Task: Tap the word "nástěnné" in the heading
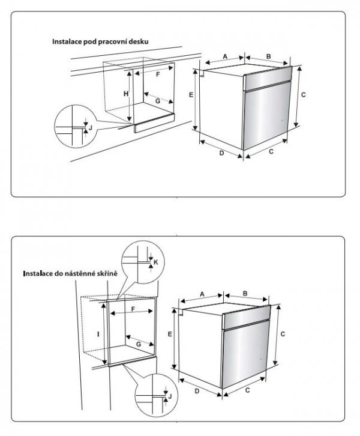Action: [x=80, y=273]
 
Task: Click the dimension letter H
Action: [x=126, y=94]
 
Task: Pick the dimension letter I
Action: [x=98, y=334]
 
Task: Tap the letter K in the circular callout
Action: [x=155, y=262]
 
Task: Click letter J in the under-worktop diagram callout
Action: [x=90, y=128]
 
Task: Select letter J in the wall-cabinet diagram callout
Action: [x=170, y=396]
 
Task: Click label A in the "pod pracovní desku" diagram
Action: [x=225, y=56]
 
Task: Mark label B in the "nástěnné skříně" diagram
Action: [x=245, y=293]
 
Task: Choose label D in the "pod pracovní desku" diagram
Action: [x=221, y=153]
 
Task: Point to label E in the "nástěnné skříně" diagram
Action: [x=170, y=334]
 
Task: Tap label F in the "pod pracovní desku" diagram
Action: [x=158, y=74]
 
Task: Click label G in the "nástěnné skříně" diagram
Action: [x=139, y=344]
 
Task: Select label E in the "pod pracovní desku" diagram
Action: [x=191, y=95]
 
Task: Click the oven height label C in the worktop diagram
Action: [x=304, y=95]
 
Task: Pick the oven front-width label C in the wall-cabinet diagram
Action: [x=247, y=390]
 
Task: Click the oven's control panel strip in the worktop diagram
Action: [x=267, y=79]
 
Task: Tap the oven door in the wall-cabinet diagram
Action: [x=246, y=353]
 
